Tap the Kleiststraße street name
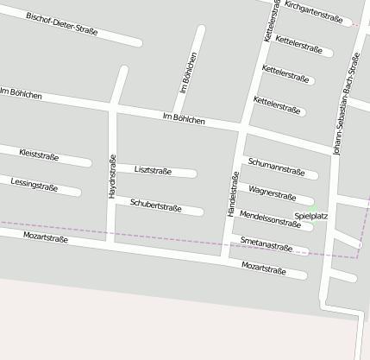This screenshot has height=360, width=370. click(39, 155)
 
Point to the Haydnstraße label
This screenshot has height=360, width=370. click(112, 177)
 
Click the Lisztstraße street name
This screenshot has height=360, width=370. click(154, 171)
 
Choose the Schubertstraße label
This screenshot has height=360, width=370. click(155, 206)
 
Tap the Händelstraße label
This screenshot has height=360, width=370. click(232, 193)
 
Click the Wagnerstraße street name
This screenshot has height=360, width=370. click(272, 193)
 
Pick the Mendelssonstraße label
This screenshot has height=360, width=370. click(270, 218)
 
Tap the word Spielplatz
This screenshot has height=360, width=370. click(311, 216)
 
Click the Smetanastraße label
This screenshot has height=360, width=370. click(267, 244)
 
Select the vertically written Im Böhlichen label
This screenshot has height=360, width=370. click(188, 73)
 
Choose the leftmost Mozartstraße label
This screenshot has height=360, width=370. click(46, 236)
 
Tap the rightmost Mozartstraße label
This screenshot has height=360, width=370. click(264, 269)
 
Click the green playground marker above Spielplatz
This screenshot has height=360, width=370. click(311, 205)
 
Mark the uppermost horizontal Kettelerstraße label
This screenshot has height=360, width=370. click(299, 45)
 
